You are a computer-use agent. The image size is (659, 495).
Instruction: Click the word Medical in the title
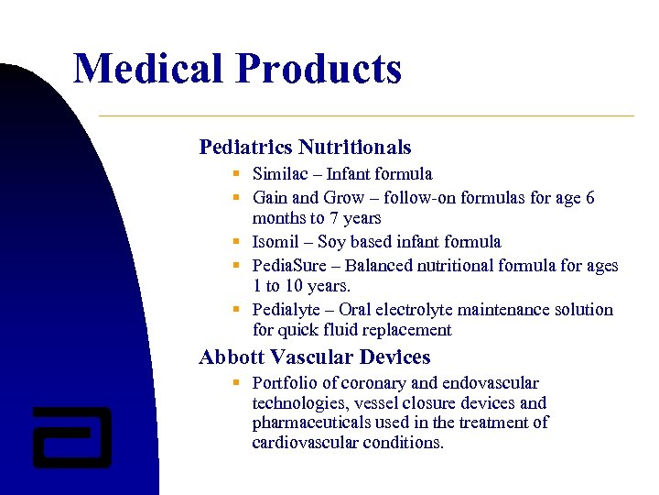pyautogui.click(x=147, y=69)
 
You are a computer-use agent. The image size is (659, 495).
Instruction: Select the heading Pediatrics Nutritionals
pyautogui.click(x=305, y=147)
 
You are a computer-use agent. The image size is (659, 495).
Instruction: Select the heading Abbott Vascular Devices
pyautogui.click(x=314, y=357)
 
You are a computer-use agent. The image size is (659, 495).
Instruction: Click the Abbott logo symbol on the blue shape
pyautogui.click(x=71, y=435)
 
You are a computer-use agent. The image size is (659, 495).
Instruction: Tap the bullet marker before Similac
pyautogui.click(x=236, y=174)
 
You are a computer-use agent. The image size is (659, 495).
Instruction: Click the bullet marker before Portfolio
pyautogui.click(x=236, y=383)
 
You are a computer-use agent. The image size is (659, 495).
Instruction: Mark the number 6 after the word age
pyautogui.click(x=589, y=198)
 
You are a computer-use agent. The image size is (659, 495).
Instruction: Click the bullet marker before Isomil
pyautogui.click(x=236, y=242)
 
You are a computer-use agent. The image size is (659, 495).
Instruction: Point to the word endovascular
pyautogui.click(x=491, y=383)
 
